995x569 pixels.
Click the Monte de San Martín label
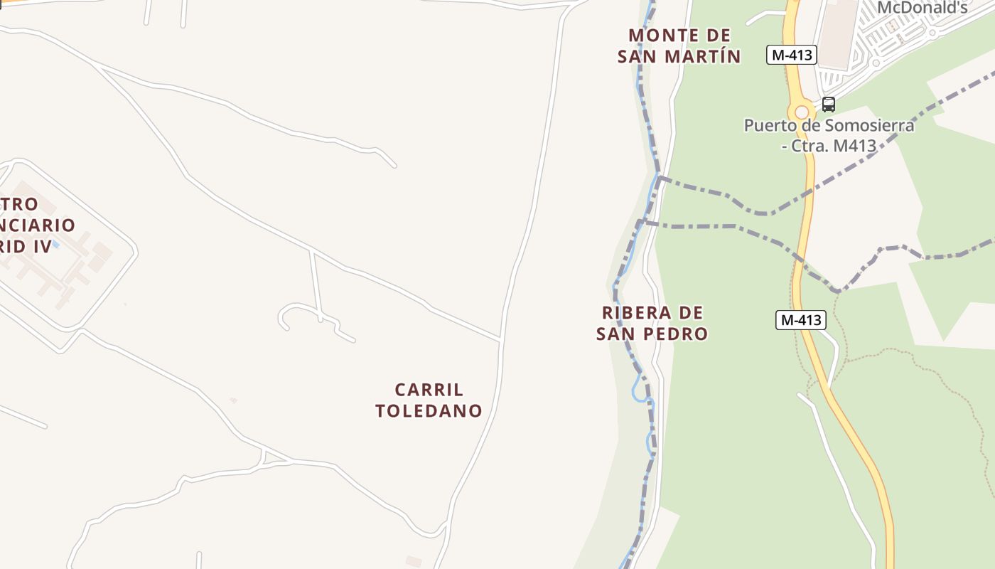coord(679,46)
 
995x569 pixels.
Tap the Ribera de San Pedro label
coord(652,323)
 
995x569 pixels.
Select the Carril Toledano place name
coord(429,400)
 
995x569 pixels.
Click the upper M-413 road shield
coord(791,55)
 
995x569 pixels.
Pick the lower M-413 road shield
coord(800,320)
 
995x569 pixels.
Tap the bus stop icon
coord(829,105)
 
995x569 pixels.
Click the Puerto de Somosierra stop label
coord(829,135)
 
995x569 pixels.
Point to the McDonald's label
coord(923,9)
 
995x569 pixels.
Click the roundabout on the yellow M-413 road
coord(802,112)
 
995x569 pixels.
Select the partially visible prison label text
coord(36,225)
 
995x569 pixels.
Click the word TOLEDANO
coord(429,410)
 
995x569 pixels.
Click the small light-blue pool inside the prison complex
coord(55,245)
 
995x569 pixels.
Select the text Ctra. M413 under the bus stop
coord(834,146)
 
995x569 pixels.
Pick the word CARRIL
coord(429,390)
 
